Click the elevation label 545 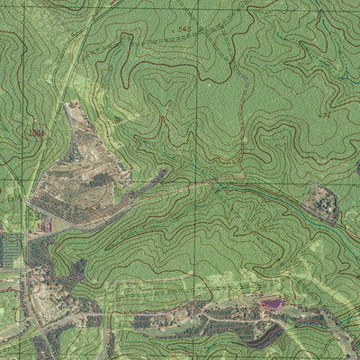coord(184,30)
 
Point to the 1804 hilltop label coord(36,133)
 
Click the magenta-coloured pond coord(270,304)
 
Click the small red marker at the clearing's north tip coord(75,104)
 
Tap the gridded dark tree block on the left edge coord(11,247)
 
